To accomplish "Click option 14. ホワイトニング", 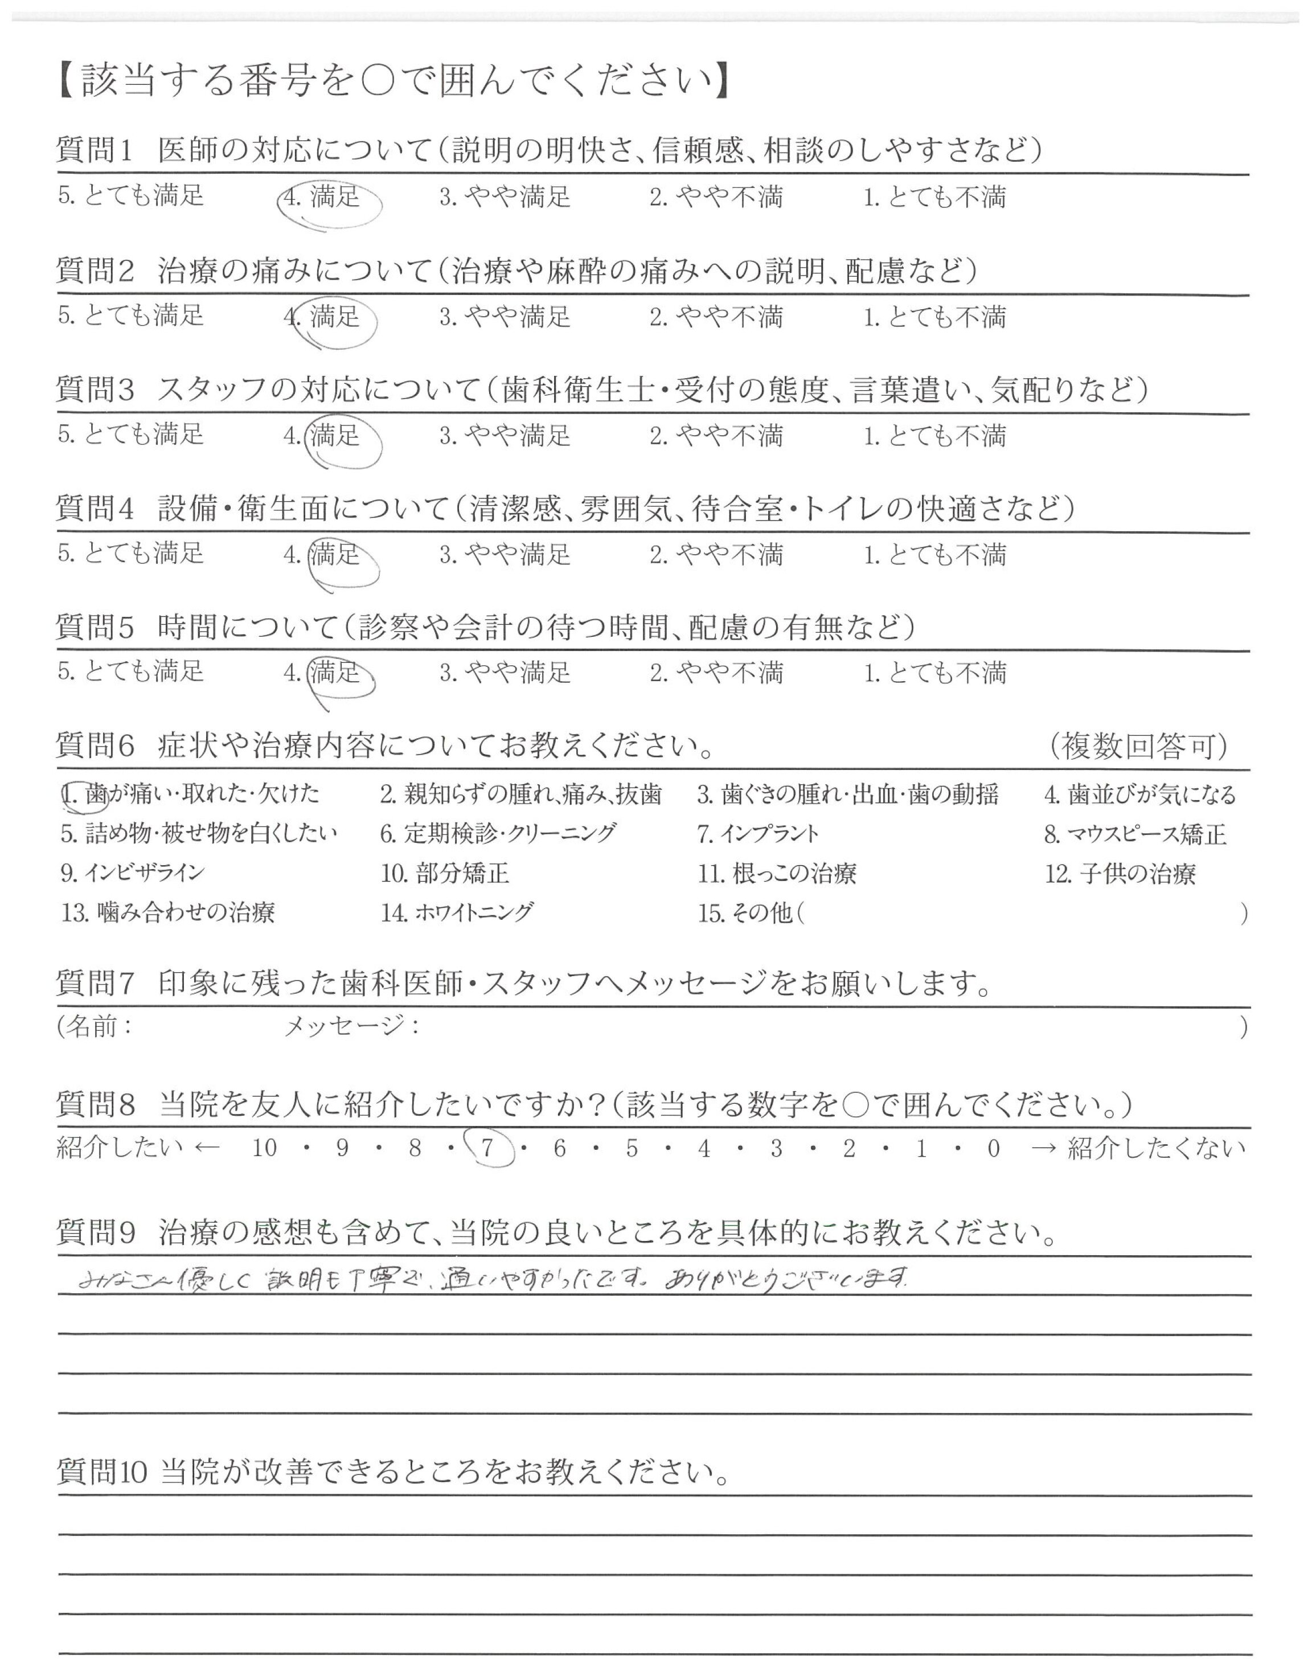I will [x=457, y=912].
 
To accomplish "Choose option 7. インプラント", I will [x=758, y=834].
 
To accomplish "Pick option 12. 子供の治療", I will [x=1120, y=874].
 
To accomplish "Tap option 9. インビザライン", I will [x=133, y=873].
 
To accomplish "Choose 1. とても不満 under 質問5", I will [x=934, y=673].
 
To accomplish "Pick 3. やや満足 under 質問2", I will [x=505, y=317].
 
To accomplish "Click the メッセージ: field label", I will [x=351, y=1026].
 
